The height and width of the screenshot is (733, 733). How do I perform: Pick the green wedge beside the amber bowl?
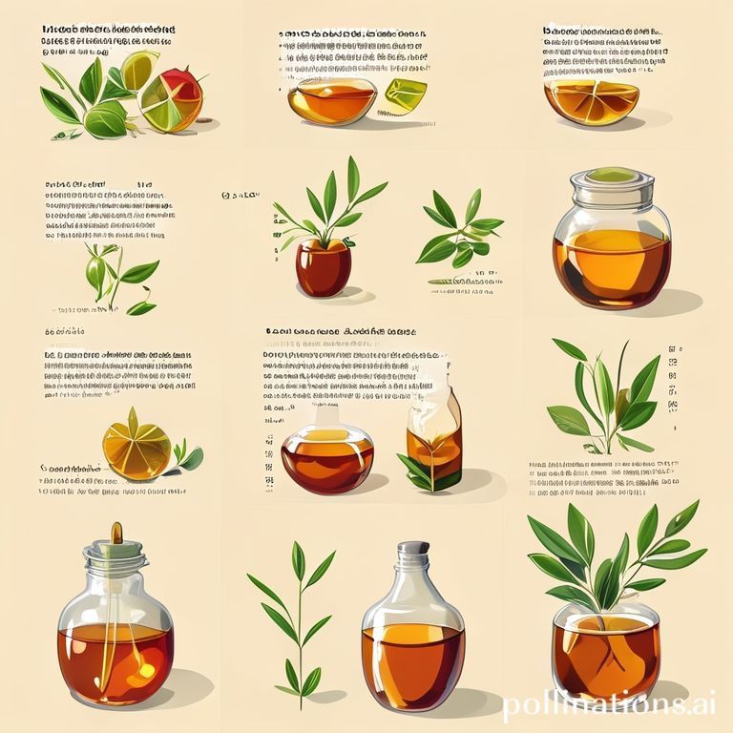click(x=407, y=96)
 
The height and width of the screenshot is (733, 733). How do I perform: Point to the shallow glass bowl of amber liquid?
click(x=331, y=100)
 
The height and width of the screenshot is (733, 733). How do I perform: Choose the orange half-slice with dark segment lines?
click(x=590, y=101)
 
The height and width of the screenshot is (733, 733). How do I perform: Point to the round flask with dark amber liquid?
click(x=327, y=456)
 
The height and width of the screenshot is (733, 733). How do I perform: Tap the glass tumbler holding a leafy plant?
click(x=606, y=649)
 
